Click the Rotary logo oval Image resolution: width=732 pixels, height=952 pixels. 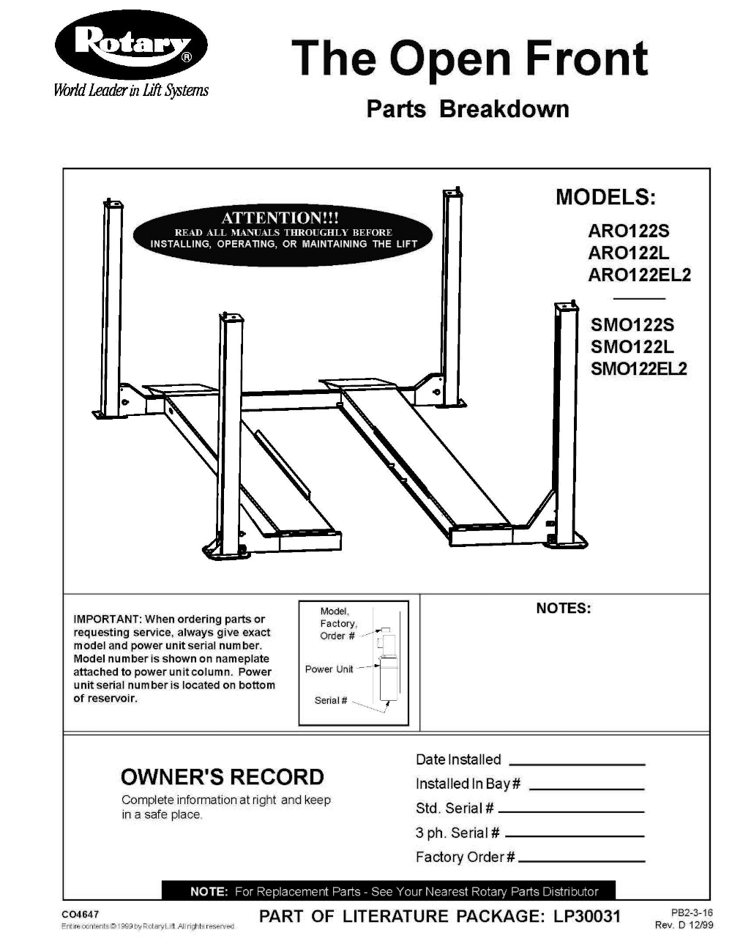(x=131, y=47)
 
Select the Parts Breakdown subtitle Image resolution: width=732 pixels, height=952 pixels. (x=467, y=109)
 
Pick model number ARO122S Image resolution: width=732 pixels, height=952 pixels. (x=628, y=231)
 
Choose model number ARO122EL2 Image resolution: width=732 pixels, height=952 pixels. (x=639, y=275)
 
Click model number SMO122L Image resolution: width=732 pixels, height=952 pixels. (x=632, y=346)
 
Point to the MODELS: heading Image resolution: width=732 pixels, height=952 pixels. (x=605, y=197)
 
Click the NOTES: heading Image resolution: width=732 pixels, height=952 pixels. (x=563, y=609)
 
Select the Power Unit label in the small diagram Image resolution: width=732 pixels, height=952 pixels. (x=329, y=669)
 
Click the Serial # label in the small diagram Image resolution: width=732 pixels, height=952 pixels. (x=331, y=701)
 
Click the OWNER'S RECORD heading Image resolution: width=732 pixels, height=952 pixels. (x=222, y=777)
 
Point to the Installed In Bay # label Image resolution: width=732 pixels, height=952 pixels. (x=467, y=784)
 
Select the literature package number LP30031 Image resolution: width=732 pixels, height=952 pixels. (x=584, y=916)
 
